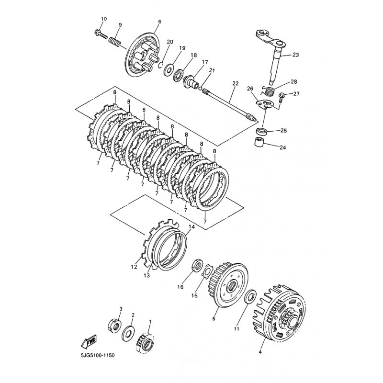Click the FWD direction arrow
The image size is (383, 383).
88,341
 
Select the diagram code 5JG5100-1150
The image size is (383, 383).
97,355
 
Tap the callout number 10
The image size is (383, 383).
103,19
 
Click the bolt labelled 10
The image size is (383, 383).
101,34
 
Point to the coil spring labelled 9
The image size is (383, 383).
114,42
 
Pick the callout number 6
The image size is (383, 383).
159,22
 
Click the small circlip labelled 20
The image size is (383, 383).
160,65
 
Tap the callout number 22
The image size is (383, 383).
235,83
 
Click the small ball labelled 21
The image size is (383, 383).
201,89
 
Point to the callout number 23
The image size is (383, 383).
295,55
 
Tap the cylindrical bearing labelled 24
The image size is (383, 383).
259,142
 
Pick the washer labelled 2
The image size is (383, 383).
128,333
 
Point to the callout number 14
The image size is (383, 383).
192,227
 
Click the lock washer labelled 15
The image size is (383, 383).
208,270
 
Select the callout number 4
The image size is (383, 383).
260,352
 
